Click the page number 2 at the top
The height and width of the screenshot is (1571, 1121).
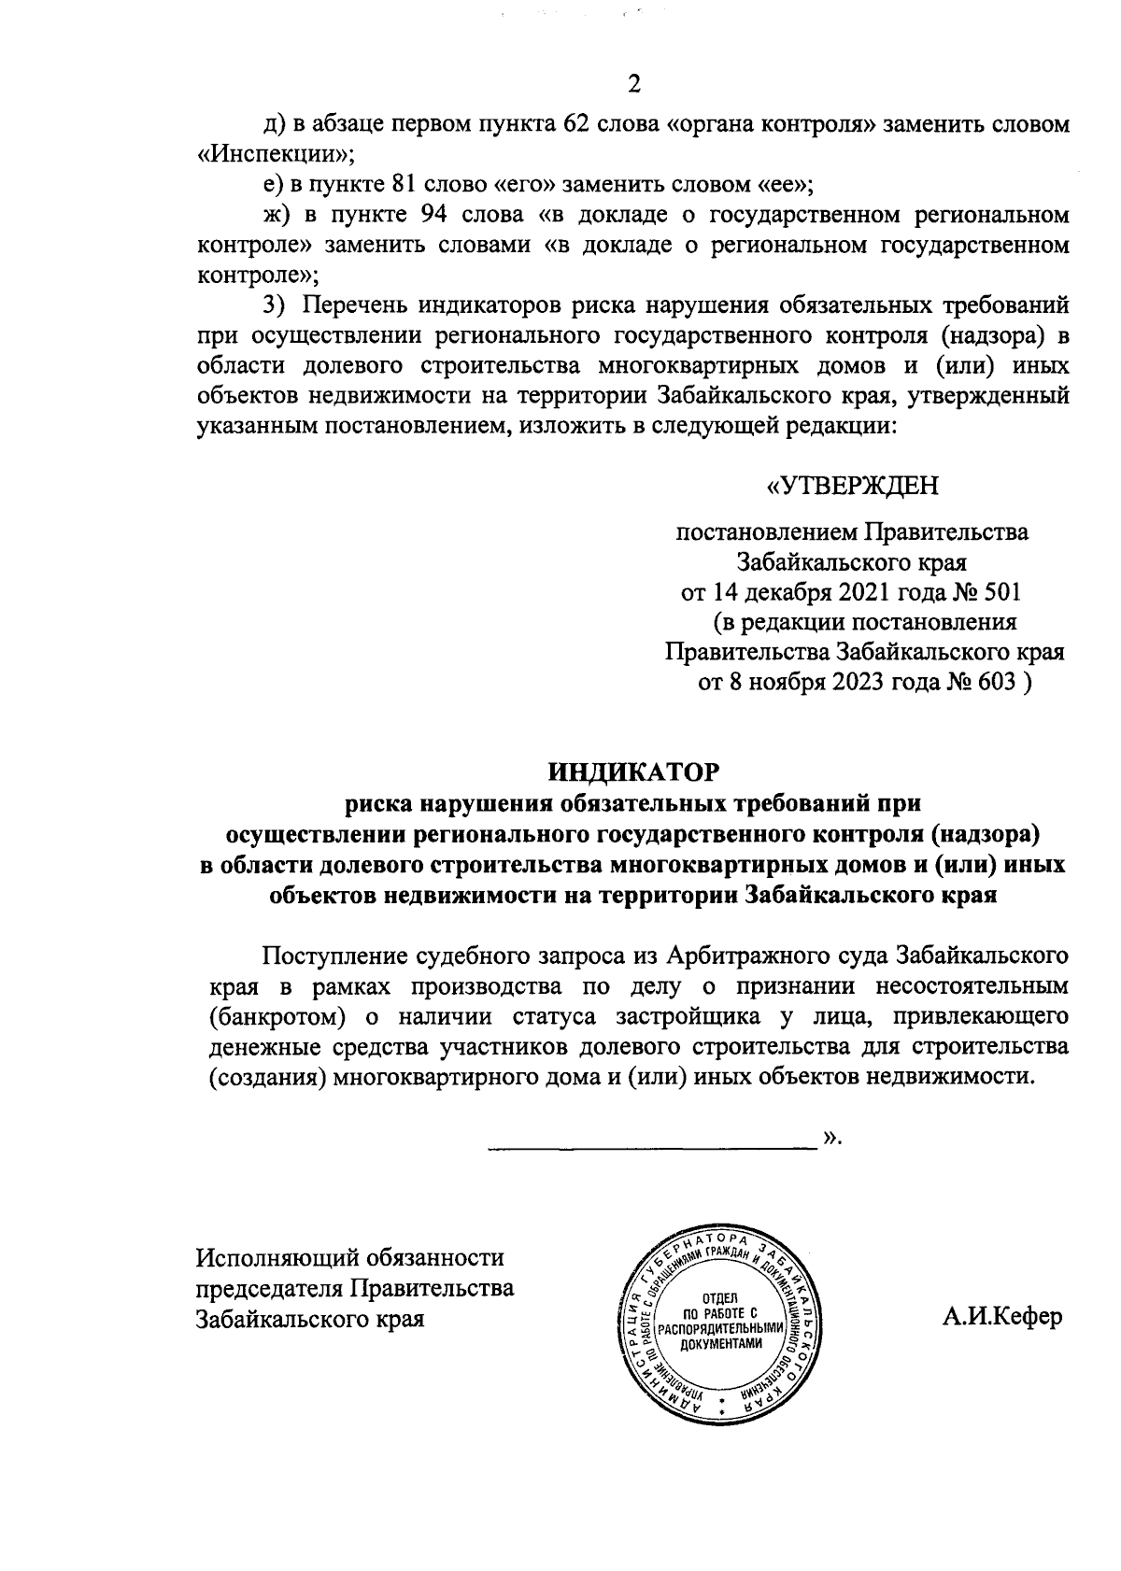click(x=634, y=85)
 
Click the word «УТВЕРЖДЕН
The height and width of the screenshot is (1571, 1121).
click(x=852, y=487)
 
